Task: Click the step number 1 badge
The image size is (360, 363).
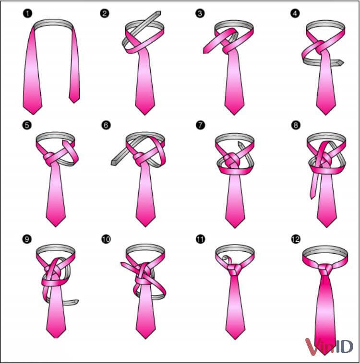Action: point(27,13)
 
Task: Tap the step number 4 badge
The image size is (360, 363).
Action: point(295,13)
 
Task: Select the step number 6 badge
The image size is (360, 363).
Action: point(106,125)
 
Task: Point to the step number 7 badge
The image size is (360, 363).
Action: point(200,125)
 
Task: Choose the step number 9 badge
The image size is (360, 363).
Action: point(27,239)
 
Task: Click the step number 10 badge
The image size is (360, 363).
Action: point(106,239)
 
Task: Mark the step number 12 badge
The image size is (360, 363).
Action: point(296,239)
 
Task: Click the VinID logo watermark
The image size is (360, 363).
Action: point(329,347)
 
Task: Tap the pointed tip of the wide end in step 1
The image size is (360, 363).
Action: point(33,114)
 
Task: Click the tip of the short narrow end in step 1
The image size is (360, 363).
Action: point(74,103)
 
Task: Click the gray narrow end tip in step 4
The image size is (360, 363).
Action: point(341,62)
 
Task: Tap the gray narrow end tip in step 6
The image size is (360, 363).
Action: point(113,163)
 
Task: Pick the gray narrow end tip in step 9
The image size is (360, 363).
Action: point(77,302)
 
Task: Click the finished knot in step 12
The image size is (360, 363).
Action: point(325,269)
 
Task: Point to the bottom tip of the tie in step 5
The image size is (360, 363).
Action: point(56,226)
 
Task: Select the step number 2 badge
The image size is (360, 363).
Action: point(105,13)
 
